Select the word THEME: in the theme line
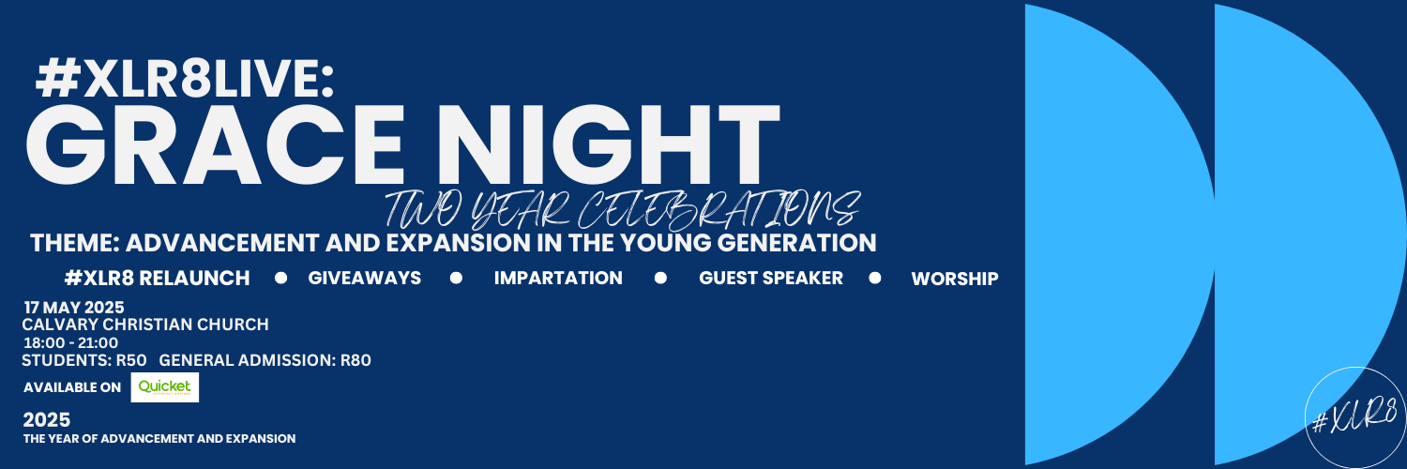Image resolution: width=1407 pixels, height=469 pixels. click(74, 243)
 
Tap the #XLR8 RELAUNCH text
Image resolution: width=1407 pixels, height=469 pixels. click(157, 279)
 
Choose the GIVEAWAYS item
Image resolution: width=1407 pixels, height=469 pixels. click(364, 279)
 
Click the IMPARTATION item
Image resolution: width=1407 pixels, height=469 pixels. click(558, 279)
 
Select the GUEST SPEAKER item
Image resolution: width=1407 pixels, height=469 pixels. click(771, 279)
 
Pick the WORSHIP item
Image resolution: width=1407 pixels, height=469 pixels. click(954, 279)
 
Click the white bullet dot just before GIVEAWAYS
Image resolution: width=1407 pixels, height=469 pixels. click(280, 279)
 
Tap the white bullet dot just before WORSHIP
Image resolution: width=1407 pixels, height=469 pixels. click(874, 279)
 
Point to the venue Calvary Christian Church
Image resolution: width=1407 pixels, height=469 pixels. click(145, 325)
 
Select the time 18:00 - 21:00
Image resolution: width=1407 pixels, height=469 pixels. click(71, 342)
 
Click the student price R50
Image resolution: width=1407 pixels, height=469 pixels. click(131, 360)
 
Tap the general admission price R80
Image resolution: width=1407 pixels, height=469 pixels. click(356, 360)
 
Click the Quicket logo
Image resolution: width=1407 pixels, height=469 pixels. click(164, 387)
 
